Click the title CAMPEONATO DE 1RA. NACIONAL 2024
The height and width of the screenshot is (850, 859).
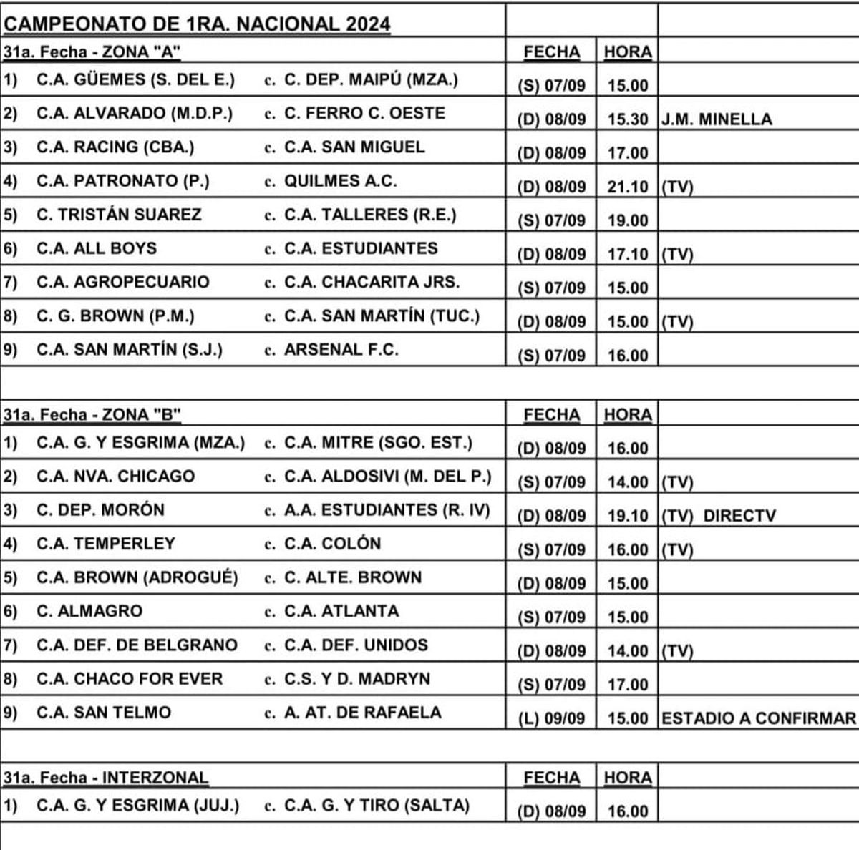pyautogui.click(x=197, y=24)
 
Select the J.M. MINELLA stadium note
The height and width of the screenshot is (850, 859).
pyautogui.click(x=717, y=119)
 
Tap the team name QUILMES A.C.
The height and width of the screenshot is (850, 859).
pyautogui.click(x=340, y=181)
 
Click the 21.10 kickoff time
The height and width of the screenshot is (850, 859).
pyautogui.click(x=627, y=187)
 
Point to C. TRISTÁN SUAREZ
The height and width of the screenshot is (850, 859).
pyautogui.click(x=119, y=215)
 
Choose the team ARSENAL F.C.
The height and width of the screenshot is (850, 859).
pyautogui.click(x=341, y=350)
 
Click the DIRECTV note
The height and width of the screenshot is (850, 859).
pyautogui.click(x=739, y=515)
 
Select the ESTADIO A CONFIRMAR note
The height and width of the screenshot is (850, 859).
pyautogui.click(x=758, y=718)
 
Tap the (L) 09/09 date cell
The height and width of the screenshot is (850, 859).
pyautogui.click(x=551, y=718)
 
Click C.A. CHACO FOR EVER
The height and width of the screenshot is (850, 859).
pyautogui.click(x=130, y=678)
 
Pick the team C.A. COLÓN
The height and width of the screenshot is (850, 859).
pyautogui.click(x=332, y=544)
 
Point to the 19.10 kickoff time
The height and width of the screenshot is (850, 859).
pyautogui.click(x=627, y=515)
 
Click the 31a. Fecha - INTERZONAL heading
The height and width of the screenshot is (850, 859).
pyautogui.click(x=106, y=778)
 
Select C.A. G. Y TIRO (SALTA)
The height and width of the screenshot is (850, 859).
pyautogui.click(x=377, y=805)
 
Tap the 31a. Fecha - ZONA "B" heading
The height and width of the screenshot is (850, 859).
pyautogui.click(x=92, y=415)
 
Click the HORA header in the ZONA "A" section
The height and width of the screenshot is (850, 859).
pyautogui.click(x=627, y=52)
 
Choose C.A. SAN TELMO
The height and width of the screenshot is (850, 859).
pyautogui.click(x=104, y=713)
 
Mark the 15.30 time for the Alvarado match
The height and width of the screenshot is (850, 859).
pyautogui.click(x=627, y=119)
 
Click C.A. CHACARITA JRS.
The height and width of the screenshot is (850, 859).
pyautogui.click(x=372, y=282)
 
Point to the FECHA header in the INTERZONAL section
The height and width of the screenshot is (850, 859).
pyautogui.click(x=551, y=778)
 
